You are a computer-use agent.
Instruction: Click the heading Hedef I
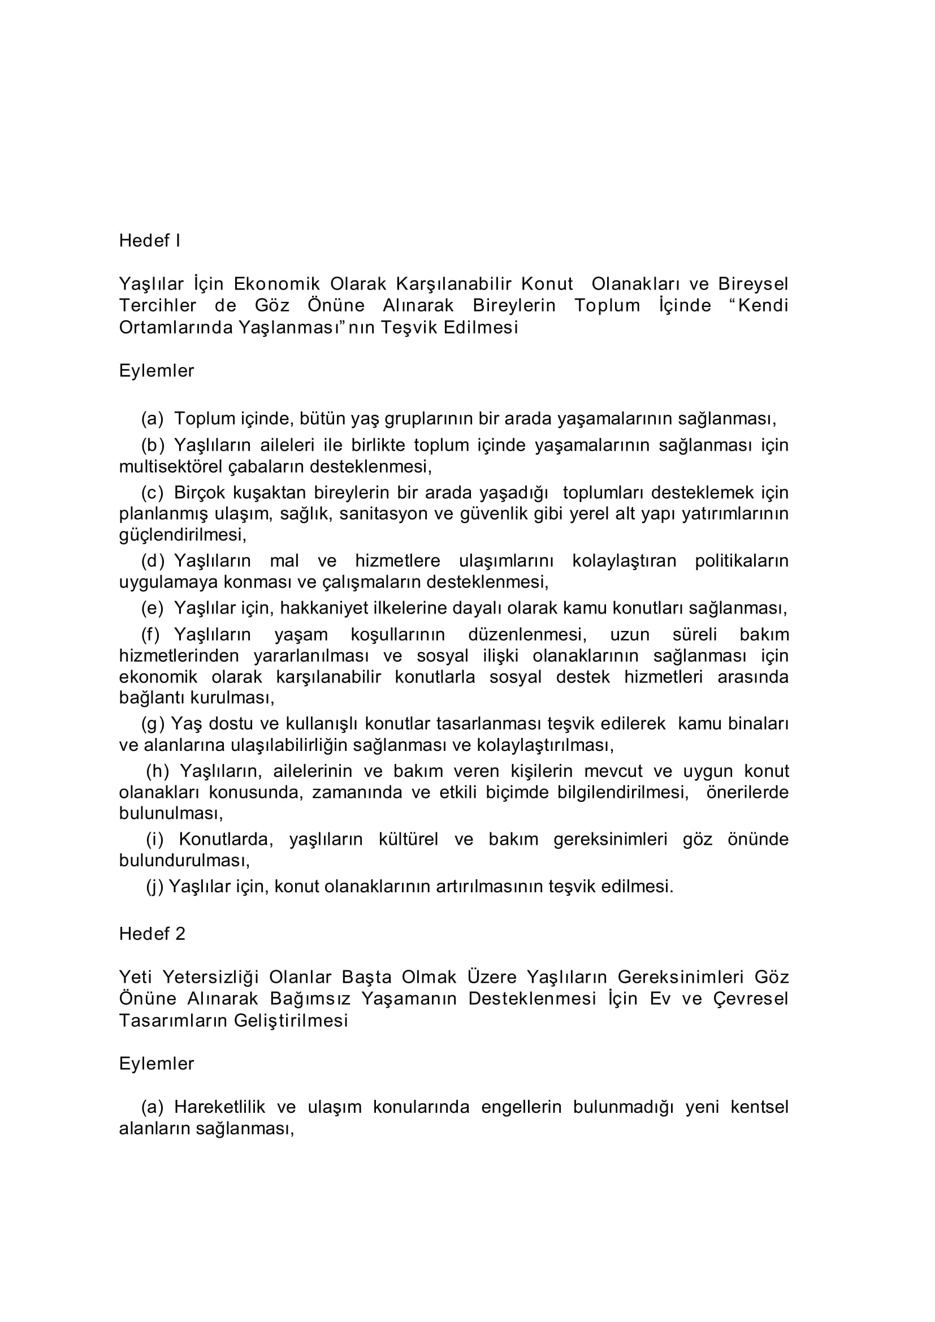click(150, 241)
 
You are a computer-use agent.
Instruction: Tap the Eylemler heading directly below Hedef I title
click(157, 371)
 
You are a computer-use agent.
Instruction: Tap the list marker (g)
click(153, 724)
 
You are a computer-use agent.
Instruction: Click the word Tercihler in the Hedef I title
click(158, 305)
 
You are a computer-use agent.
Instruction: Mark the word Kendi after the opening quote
click(763, 305)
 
